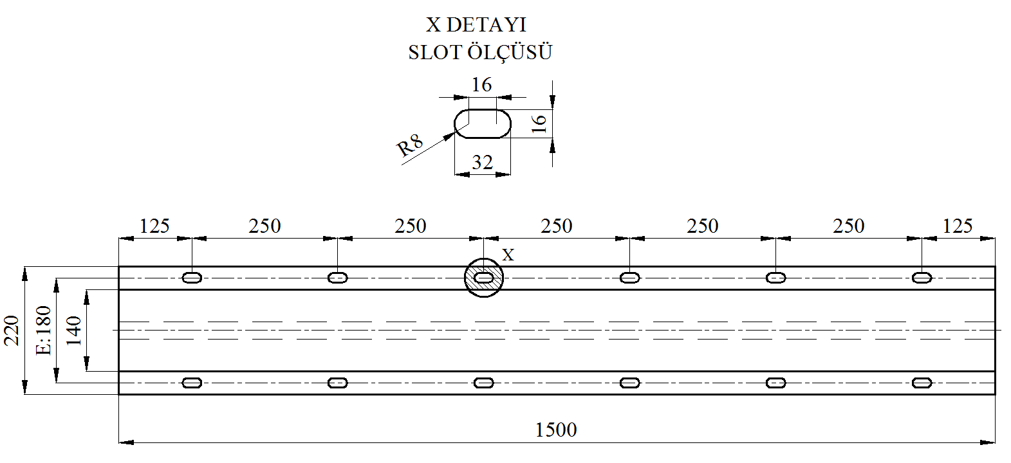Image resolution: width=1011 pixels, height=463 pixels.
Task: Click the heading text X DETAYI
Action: pyautogui.click(x=476, y=25)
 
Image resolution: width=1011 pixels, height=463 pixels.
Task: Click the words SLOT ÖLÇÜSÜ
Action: pyautogui.click(x=480, y=51)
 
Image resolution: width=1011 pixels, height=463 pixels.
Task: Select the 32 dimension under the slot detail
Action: pyautogui.click(x=482, y=162)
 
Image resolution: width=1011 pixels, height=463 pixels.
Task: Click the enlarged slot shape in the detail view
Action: pyautogui.click(x=482, y=109)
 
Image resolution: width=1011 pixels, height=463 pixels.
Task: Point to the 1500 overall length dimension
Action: pyautogui.click(x=555, y=430)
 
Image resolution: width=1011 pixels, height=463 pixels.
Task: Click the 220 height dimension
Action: pyautogui.click(x=12, y=331)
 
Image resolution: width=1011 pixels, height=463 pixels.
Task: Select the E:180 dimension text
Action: pyautogui.click(x=44, y=331)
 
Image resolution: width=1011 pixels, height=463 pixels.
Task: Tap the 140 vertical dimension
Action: pyautogui.click(x=73, y=331)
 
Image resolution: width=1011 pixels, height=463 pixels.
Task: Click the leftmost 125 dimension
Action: pyautogui.click(x=154, y=226)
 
